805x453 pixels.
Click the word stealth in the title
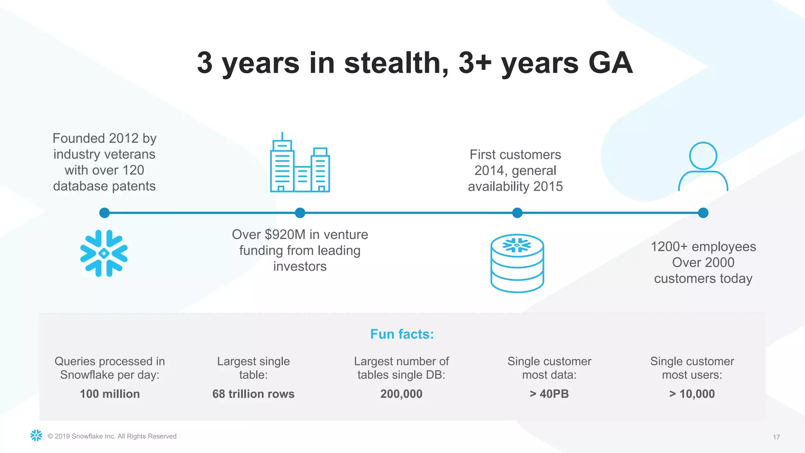396,63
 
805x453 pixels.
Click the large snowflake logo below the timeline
104,253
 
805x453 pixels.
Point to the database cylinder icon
517,263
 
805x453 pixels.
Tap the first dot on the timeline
105,213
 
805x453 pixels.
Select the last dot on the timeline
703,213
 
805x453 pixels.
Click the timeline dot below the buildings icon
300,213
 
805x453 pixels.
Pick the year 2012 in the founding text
123,138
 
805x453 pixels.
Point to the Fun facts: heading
402,334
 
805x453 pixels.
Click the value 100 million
110,394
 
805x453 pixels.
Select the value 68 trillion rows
253,394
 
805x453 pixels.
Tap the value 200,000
401,394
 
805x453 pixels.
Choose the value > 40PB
549,394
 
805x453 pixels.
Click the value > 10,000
692,394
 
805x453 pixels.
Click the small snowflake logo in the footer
36,435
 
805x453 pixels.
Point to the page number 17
776,437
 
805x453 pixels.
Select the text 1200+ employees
703,247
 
